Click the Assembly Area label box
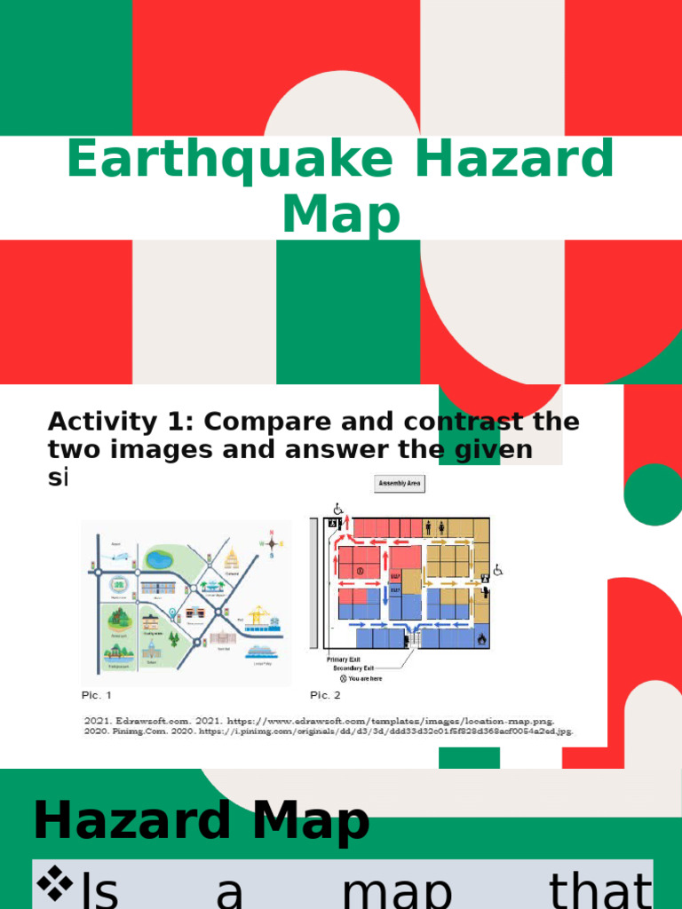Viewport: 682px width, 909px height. point(400,484)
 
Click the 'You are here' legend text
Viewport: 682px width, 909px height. point(363,678)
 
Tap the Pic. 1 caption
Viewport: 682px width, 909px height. point(97,695)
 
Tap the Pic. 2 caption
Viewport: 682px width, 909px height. point(325,695)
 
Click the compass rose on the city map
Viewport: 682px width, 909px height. point(271,542)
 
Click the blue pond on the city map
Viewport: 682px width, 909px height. point(160,559)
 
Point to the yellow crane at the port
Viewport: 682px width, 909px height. point(258,614)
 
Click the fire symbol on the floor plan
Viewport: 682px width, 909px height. point(482,637)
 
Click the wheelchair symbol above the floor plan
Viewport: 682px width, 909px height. point(337,509)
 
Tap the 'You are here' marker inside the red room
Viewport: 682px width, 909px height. point(361,571)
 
